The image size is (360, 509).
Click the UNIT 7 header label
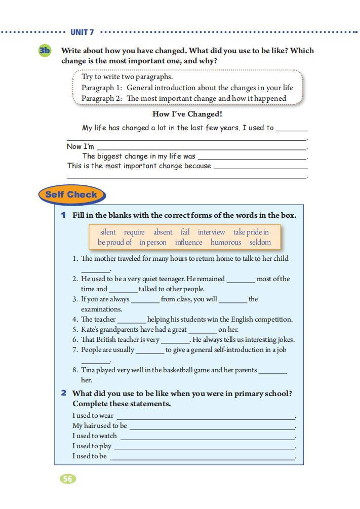pyautogui.click(x=82, y=32)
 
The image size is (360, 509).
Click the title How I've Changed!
pyautogui.click(x=187, y=114)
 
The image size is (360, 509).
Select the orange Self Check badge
pyautogui.click(x=71, y=195)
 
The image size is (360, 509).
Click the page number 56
pyautogui.click(x=68, y=479)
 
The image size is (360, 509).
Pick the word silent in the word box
pyautogui.click(x=108, y=232)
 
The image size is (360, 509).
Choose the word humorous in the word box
pyautogui.click(x=226, y=242)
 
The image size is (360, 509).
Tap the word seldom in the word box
pyautogui.click(x=260, y=242)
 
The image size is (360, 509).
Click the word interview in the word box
pyautogui.click(x=211, y=232)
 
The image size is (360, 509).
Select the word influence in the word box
pyautogui.click(x=188, y=242)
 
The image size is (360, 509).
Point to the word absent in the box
pyautogui.click(x=163, y=232)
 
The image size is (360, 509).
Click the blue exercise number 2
pyautogui.click(x=64, y=393)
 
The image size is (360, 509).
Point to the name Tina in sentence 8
pyautogui.click(x=88, y=370)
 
